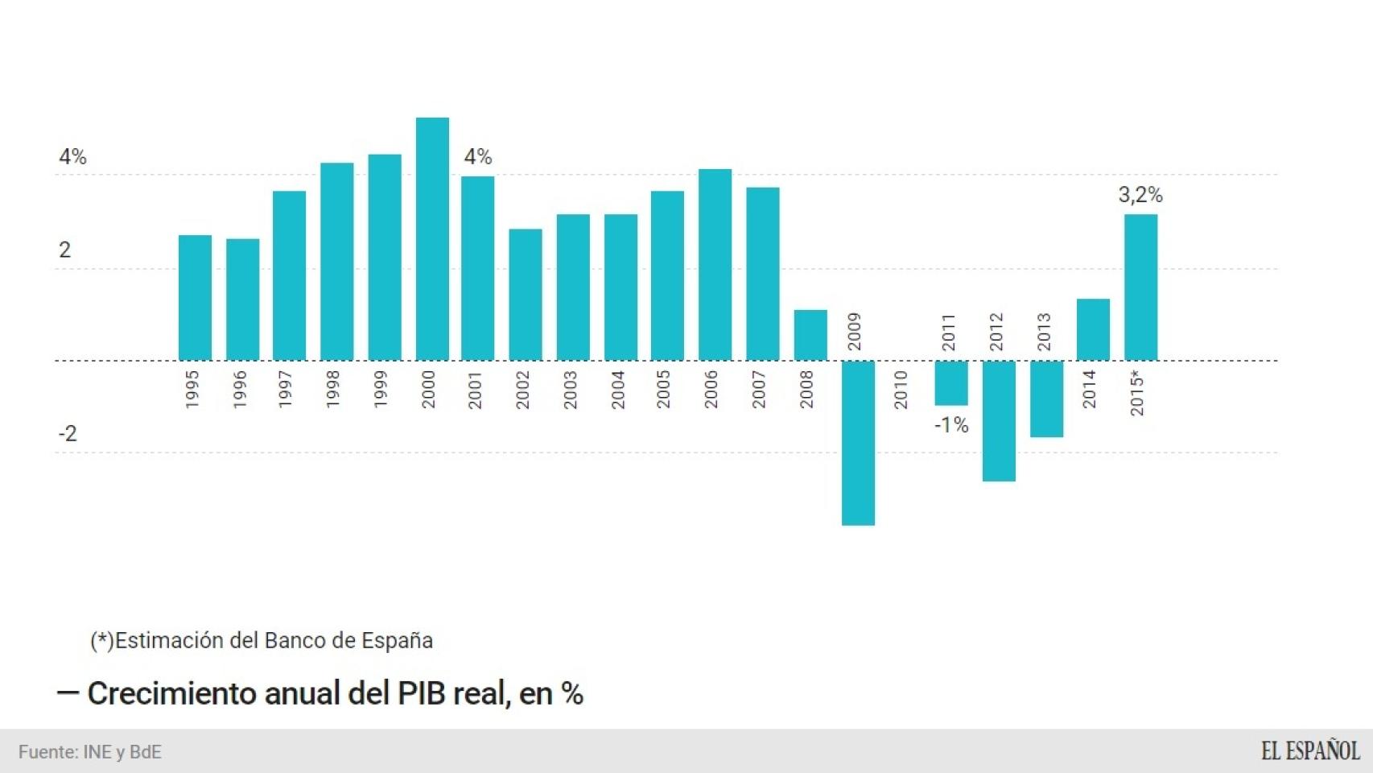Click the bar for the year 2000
click(432, 239)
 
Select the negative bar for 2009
click(858, 443)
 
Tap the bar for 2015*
click(1140, 287)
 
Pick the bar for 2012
click(999, 421)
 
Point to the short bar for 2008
click(810, 335)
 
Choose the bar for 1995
click(195, 298)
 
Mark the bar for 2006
click(715, 265)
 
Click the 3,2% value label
click(1140, 195)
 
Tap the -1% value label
click(951, 425)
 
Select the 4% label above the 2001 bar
click(477, 157)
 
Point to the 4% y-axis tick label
click(72, 157)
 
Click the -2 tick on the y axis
click(68, 434)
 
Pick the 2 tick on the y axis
click(64, 250)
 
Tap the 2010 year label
click(901, 390)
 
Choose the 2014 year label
click(1090, 390)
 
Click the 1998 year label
click(333, 390)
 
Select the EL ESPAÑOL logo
click(1310, 751)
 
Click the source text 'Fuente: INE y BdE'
click(90, 752)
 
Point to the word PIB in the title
click(422, 694)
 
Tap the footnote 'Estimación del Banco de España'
click(274, 641)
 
